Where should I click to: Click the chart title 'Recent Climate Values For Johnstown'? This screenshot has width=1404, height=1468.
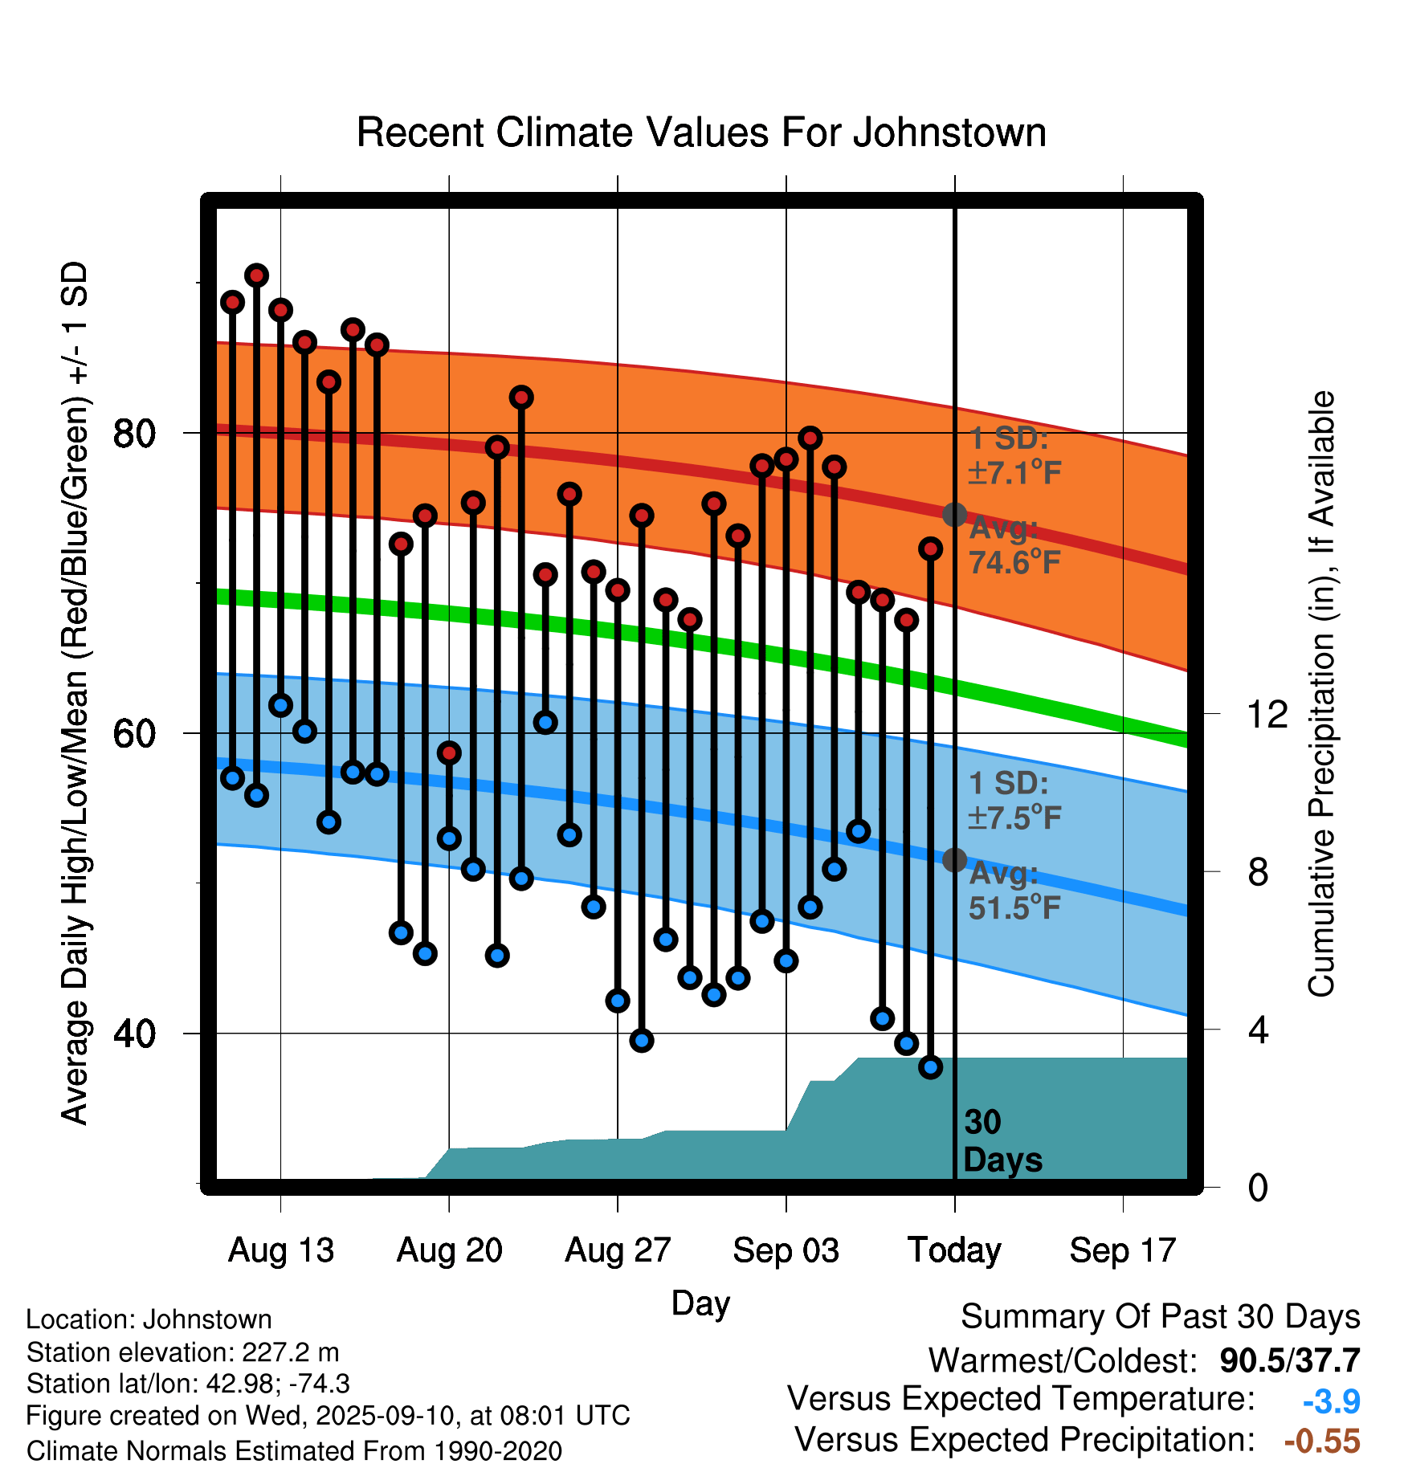coord(701,133)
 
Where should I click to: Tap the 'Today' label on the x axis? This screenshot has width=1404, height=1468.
coord(954,1250)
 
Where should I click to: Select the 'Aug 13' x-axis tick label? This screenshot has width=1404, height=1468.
coord(281,1250)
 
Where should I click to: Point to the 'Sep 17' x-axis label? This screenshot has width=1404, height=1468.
coord(1123,1250)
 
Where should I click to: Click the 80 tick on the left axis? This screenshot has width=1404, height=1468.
coord(134,434)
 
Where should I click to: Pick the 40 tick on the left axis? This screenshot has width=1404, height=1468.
coord(134,1034)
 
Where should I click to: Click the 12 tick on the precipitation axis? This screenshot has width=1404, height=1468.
coord(1267,714)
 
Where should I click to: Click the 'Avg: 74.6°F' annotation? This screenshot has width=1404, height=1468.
coord(1014,546)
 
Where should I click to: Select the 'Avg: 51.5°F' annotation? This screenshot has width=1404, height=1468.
coord(1014,891)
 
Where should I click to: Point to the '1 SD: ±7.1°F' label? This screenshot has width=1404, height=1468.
coord(1014,455)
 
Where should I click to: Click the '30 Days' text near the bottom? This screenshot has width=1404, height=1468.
coord(1002,1141)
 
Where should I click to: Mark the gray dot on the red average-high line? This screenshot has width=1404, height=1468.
coord(954,515)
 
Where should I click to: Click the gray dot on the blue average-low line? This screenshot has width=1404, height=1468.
coord(954,860)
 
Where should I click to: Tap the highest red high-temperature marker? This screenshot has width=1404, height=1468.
coord(257,275)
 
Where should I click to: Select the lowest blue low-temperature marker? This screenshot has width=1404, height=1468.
coord(930,1067)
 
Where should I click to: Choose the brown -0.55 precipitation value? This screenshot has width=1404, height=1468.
coord(1322,1441)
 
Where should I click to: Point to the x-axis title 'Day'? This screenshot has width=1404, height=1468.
coord(700,1303)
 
